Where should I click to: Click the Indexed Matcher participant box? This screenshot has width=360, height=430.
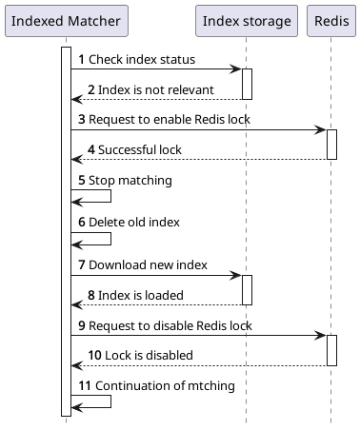pos(66,22)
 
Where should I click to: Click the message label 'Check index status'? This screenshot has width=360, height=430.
pos(142,59)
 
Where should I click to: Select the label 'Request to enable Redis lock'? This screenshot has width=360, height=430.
pos(168,120)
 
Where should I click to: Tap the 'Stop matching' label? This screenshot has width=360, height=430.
pos(126,179)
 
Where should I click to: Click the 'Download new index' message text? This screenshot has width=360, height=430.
pos(143,264)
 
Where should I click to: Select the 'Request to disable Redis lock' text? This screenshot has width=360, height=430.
pos(170,325)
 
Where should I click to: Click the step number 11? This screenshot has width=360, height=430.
pos(84,385)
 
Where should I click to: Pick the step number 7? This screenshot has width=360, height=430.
pos(81,264)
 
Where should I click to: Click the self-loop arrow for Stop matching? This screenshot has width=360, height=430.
pos(110,196)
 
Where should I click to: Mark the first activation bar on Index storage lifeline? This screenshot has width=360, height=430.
pos(247,84)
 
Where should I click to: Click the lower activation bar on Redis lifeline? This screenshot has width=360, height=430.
pos(331,350)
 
